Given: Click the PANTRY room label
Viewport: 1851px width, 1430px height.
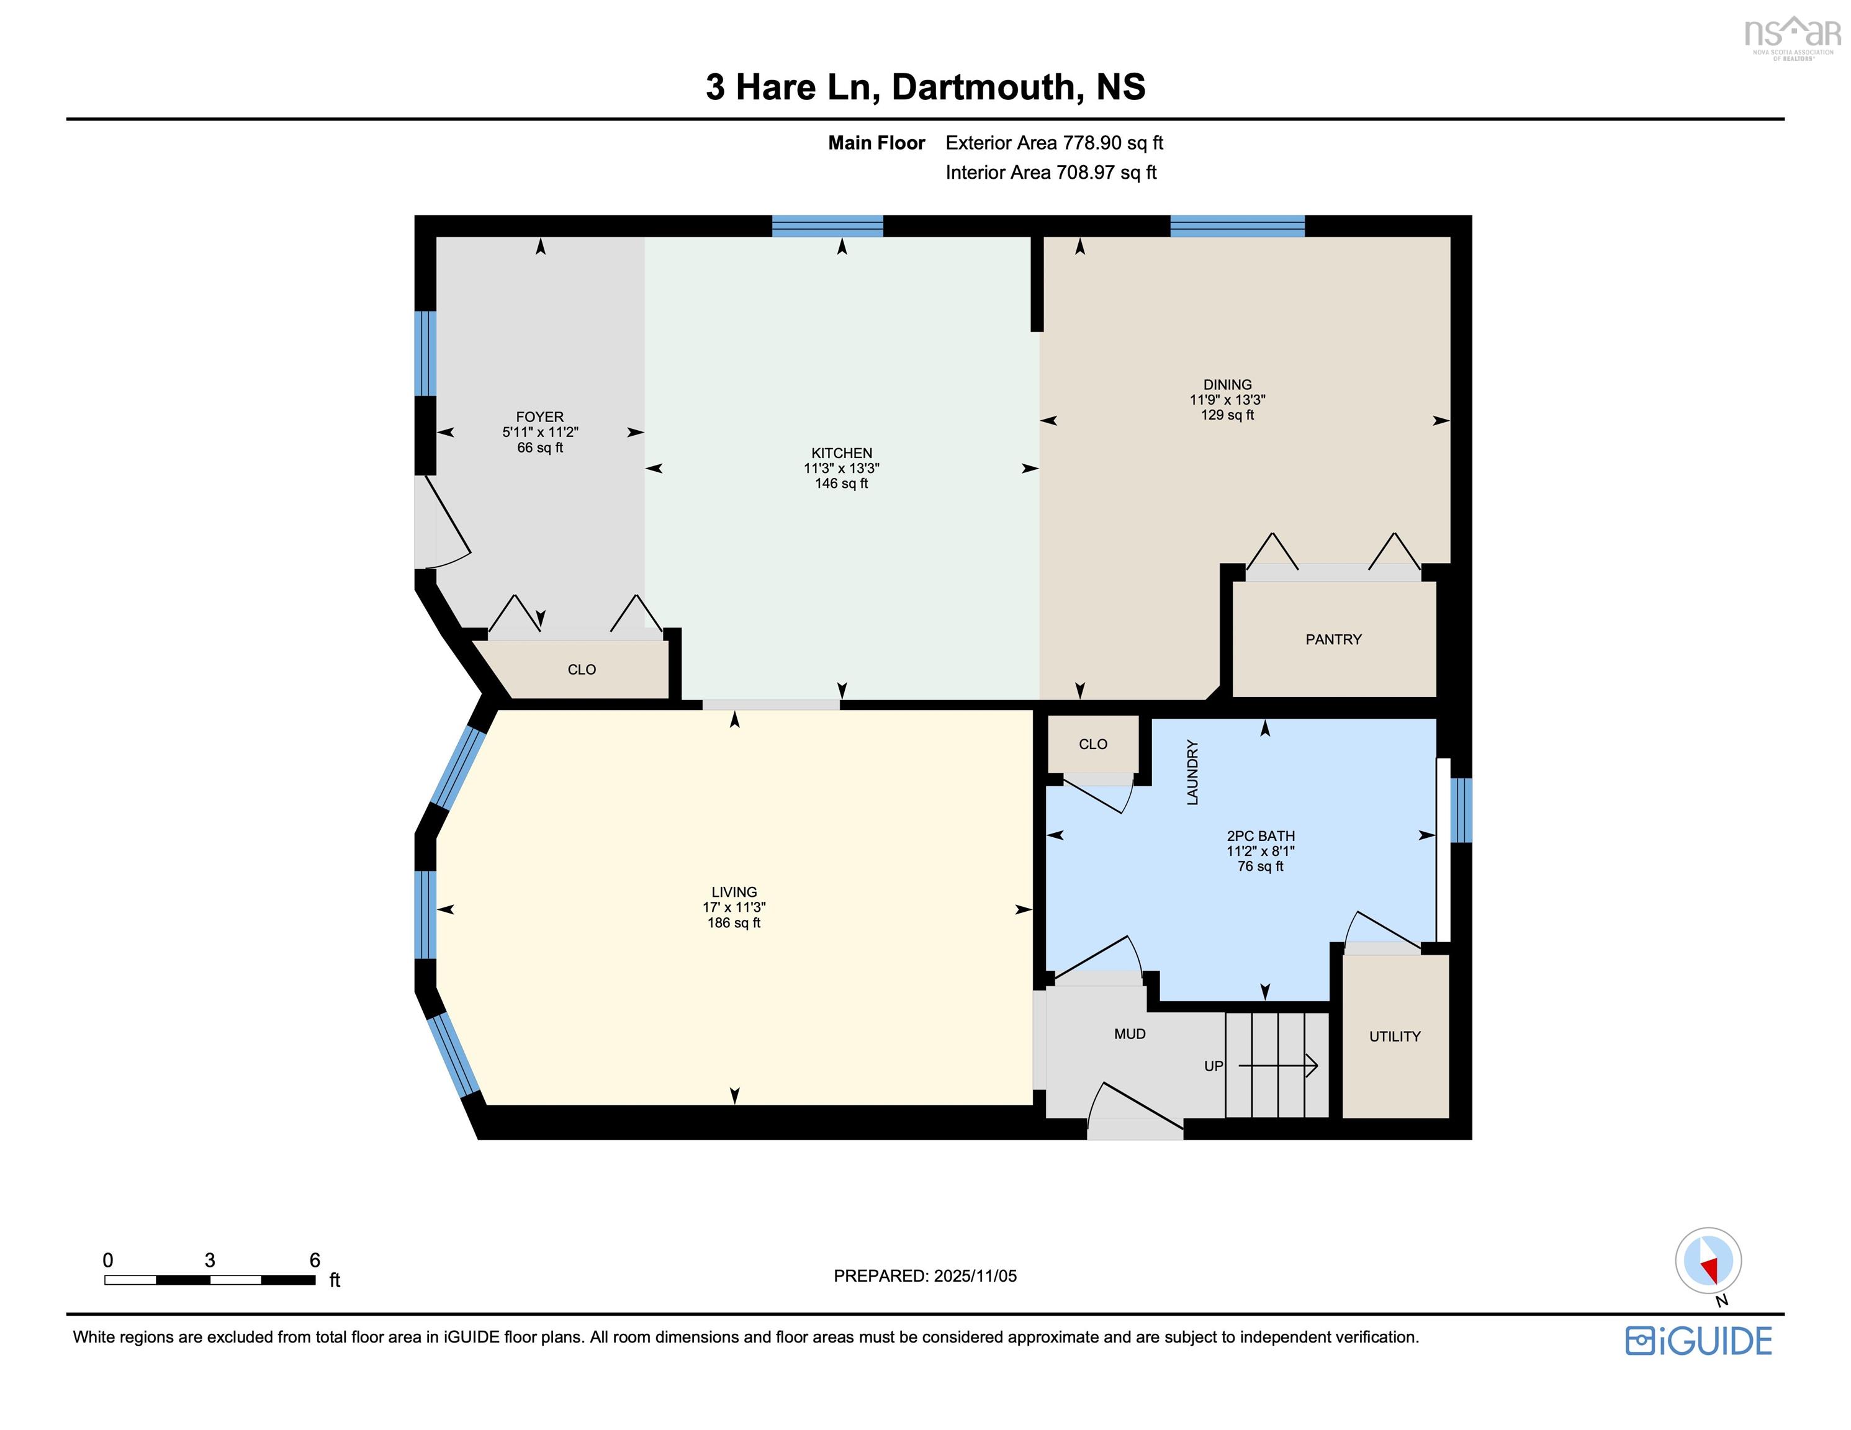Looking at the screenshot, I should click(x=1333, y=639).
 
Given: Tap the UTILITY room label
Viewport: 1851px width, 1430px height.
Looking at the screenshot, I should click(x=1394, y=1036).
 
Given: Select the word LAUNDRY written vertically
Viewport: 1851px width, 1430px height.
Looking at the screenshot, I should click(x=1192, y=772).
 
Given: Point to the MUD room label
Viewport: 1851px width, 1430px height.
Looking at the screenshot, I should click(x=1130, y=1033).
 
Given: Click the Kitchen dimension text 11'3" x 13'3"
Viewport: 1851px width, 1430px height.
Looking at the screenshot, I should click(x=842, y=468).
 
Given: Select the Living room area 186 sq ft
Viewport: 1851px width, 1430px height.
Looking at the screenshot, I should click(x=734, y=922).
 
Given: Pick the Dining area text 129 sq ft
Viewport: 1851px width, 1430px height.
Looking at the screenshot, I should click(x=1227, y=415).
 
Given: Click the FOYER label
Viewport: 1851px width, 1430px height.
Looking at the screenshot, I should click(x=540, y=416).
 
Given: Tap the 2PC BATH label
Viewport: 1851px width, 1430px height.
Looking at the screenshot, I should click(x=1260, y=836).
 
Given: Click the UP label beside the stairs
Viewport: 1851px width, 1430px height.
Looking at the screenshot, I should click(x=1214, y=1066).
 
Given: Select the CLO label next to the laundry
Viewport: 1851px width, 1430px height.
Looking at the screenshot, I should click(x=1092, y=744).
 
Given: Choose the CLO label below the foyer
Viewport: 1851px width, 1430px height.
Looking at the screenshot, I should click(x=582, y=670).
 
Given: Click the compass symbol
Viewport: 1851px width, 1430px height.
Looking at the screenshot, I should click(x=1708, y=1261).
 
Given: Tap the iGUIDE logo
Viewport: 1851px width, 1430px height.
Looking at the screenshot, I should click(x=1698, y=1340).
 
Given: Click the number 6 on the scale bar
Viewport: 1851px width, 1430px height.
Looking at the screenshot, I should click(x=315, y=1259).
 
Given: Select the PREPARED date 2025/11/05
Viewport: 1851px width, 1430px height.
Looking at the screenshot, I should click(x=975, y=1275).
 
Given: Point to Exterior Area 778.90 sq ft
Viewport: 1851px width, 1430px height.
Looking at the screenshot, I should click(x=1055, y=142).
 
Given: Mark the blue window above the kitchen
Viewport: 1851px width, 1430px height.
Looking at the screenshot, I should click(x=827, y=227).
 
